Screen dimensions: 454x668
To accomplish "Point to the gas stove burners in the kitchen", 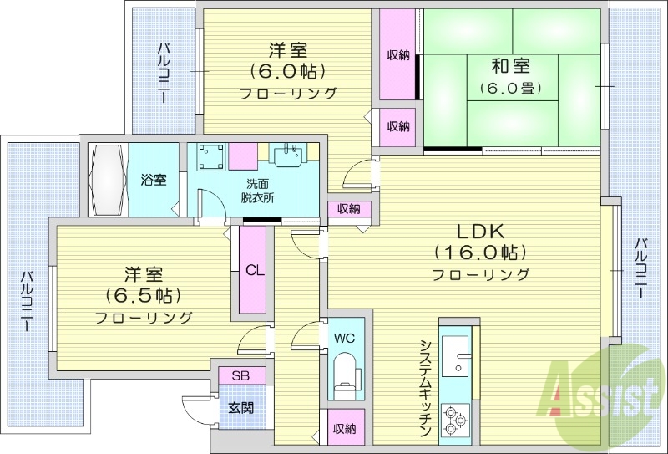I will point(456,419).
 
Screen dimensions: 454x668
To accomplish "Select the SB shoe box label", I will point(240,376).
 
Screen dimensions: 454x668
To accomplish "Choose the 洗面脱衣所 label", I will point(259,191).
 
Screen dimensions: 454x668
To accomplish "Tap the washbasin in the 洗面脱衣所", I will point(289,155).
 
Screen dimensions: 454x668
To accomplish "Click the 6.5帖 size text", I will point(144,295).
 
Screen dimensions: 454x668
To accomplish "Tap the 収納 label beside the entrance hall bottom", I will point(345,429).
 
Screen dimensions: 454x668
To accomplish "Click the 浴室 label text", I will point(153,179).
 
